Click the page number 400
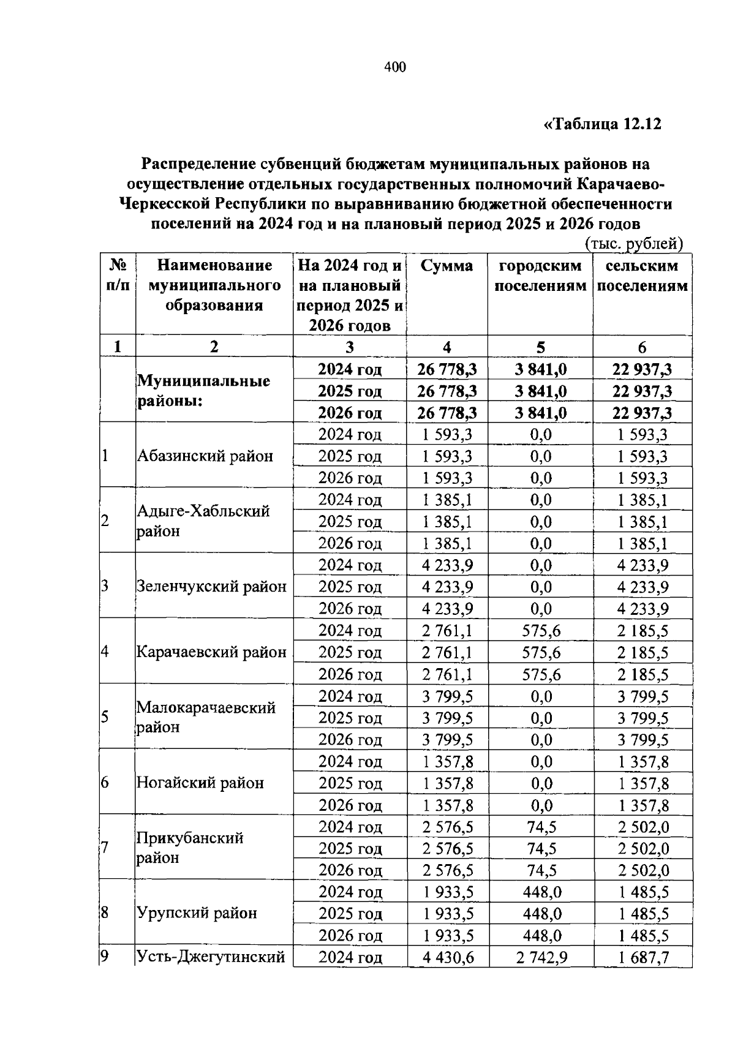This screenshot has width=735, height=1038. click(x=395, y=67)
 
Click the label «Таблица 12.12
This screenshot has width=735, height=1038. click(x=603, y=124)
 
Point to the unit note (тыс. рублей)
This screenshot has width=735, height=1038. click(x=633, y=244)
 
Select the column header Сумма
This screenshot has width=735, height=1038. click(x=447, y=266)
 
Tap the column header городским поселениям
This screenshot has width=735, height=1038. click(x=540, y=276)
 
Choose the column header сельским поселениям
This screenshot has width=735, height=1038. click(x=642, y=276)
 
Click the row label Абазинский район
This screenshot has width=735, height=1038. click(x=205, y=456)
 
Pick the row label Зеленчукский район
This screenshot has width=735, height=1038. click(x=211, y=587)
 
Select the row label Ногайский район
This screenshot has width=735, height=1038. click(x=200, y=783)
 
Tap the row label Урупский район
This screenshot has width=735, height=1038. click(x=197, y=913)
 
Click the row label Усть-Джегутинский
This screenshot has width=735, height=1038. click(x=211, y=957)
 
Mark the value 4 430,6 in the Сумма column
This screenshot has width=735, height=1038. click(x=448, y=957)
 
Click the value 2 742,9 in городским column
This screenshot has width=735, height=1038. click(x=541, y=957)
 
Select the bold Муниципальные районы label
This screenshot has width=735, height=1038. click(x=203, y=391)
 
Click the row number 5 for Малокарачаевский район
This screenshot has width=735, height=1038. click(x=105, y=717)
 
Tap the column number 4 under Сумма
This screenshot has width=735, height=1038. click(x=447, y=347)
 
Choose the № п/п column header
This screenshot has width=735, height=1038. click(x=118, y=276)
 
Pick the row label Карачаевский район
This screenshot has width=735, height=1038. click(x=211, y=652)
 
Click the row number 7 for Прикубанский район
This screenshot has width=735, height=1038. click(x=105, y=848)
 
